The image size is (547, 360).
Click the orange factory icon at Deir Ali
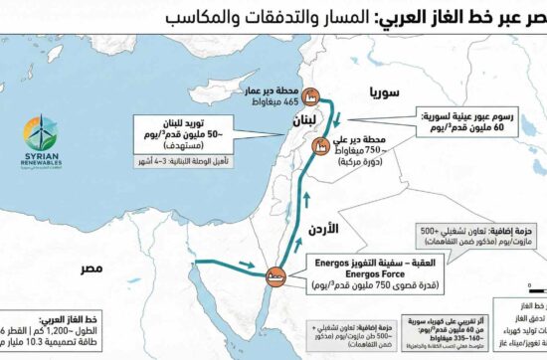tap(322, 146)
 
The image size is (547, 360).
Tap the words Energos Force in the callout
tap(359, 266)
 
